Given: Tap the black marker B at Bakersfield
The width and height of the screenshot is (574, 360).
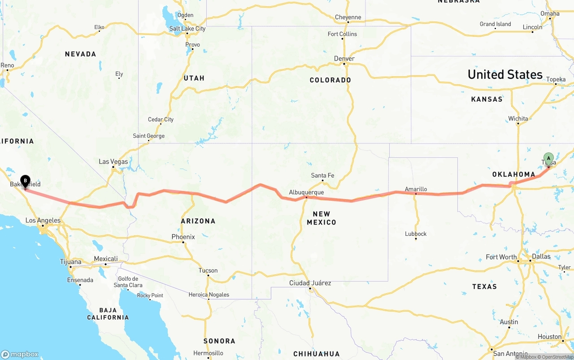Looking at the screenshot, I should [26, 181].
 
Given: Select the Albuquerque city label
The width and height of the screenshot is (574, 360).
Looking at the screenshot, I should [306, 192].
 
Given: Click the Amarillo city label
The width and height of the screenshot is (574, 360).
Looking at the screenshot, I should [416, 189].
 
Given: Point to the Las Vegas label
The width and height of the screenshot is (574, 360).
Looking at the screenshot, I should [113, 162].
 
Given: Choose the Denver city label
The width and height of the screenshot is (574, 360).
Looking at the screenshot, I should [344, 59].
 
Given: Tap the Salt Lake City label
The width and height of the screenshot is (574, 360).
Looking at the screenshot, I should [187, 29].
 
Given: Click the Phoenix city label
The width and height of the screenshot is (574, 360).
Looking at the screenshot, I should [183, 237].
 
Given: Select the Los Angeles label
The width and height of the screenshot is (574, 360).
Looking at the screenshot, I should [43, 220].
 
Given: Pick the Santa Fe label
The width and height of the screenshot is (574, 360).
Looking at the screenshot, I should [322, 175].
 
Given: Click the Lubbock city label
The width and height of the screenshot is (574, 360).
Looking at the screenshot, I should [416, 234].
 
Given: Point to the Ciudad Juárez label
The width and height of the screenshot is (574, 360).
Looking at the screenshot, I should [310, 283].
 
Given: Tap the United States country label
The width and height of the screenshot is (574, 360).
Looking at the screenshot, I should [505, 74].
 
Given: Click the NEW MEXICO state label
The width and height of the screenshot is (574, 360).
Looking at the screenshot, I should [322, 218].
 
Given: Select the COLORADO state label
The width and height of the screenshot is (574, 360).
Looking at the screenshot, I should [330, 80].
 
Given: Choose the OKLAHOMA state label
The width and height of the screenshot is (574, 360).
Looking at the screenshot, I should [513, 174].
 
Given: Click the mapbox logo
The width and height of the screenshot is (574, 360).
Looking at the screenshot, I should [20, 354].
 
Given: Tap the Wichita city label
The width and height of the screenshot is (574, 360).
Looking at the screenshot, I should [518, 119].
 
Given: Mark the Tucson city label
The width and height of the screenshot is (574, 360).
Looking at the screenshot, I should [208, 270].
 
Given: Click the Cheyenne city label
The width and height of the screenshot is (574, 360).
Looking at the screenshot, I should [348, 17].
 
